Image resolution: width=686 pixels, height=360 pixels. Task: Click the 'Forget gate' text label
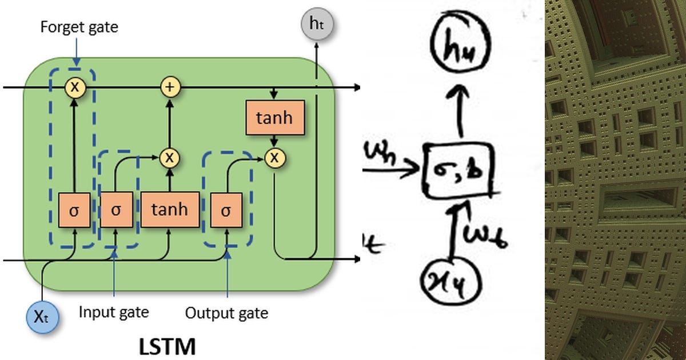(79, 27)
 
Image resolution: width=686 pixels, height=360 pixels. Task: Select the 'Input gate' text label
(114, 312)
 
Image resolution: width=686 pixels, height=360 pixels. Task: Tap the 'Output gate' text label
(226, 313)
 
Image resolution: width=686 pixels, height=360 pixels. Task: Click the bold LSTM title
(167, 346)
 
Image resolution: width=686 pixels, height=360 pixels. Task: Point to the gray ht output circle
(316, 25)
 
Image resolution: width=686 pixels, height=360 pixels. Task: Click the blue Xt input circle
(42, 317)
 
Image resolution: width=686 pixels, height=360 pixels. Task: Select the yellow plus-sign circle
(169, 87)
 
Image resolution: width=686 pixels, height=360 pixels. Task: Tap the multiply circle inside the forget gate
(74, 87)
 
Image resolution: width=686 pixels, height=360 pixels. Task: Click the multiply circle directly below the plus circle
(169, 157)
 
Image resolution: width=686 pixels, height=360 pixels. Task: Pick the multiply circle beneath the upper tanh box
(274, 158)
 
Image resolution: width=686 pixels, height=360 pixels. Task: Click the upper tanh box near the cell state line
(274, 118)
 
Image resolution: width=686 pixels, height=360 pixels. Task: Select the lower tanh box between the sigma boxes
(170, 210)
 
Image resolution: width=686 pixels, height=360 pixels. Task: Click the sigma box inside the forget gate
(74, 210)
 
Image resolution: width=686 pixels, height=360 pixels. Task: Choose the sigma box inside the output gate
(226, 210)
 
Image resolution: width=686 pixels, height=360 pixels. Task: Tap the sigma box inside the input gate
(116, 210)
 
